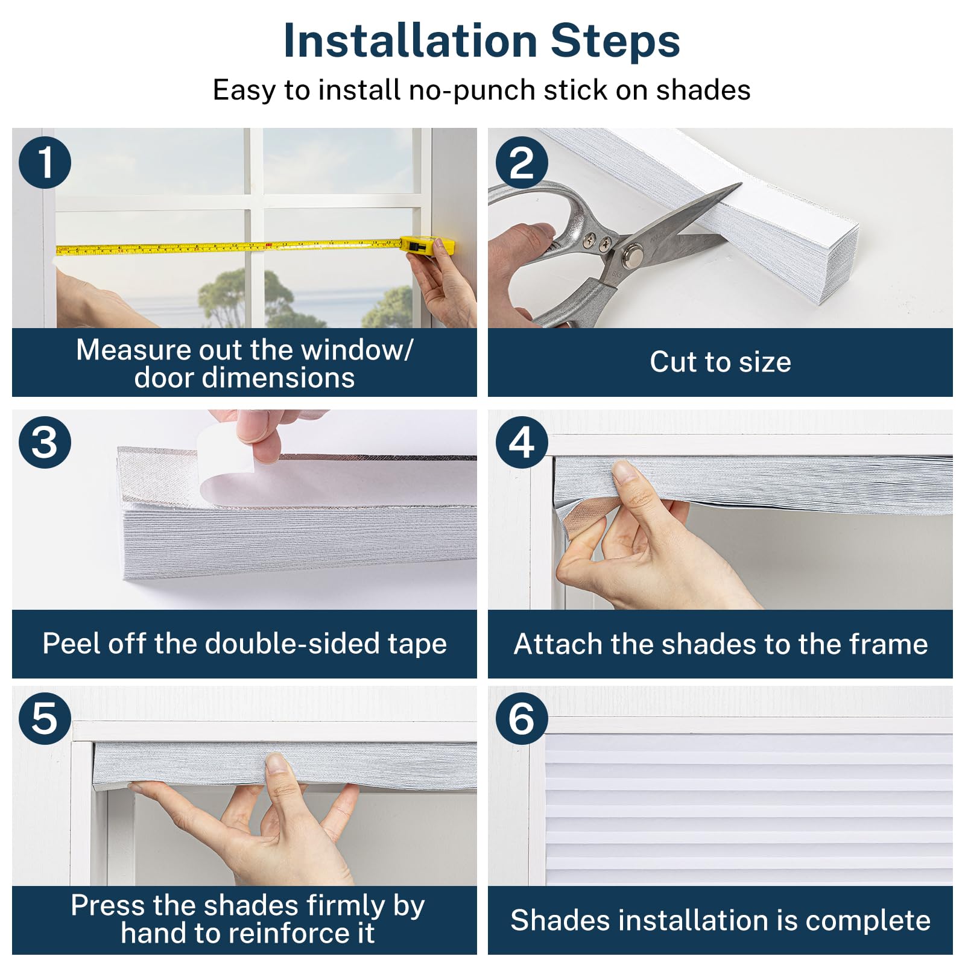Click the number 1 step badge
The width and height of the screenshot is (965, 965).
(x=45, y=162)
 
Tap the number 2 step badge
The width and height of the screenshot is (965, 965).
(x=522, y=162)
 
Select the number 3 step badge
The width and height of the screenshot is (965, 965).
(x=45, y=442)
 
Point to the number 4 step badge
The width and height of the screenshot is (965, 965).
(x=522, y=442)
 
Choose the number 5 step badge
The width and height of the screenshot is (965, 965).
(x=45, y=718)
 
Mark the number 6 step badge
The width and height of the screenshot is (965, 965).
(x=522, y=718)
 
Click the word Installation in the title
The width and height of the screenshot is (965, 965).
(x=410, y=41)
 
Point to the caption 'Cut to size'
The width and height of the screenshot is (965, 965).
(x=720, y=362)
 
